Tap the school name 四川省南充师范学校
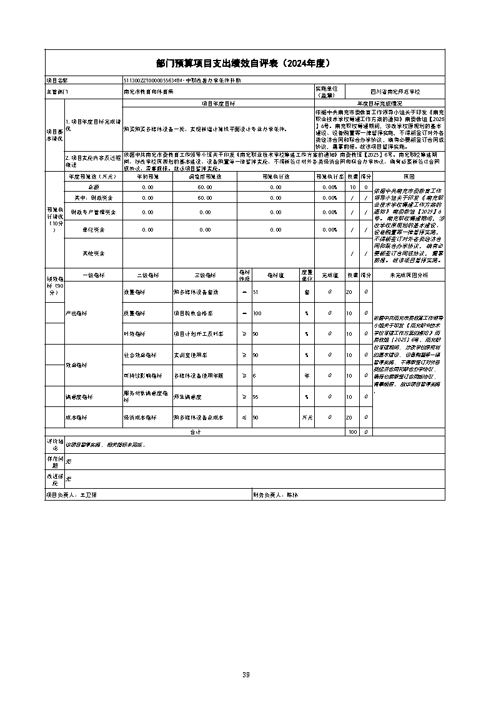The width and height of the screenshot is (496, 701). click(395, 91)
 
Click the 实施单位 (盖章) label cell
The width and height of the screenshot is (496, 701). click(329, 91)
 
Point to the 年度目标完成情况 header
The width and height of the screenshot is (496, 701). click(379, 103)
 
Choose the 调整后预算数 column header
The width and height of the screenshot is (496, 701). click(206, 177)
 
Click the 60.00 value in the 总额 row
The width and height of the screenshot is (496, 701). click(206, 187)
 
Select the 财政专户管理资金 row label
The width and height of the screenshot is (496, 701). click(94, 213)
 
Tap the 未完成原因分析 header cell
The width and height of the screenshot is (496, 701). click(409, 275)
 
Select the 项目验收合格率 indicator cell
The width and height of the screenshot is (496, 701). click(194, 313)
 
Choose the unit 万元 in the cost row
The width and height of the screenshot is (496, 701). click(307, 417)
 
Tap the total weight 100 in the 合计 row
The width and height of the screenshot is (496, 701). click(353, 431)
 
